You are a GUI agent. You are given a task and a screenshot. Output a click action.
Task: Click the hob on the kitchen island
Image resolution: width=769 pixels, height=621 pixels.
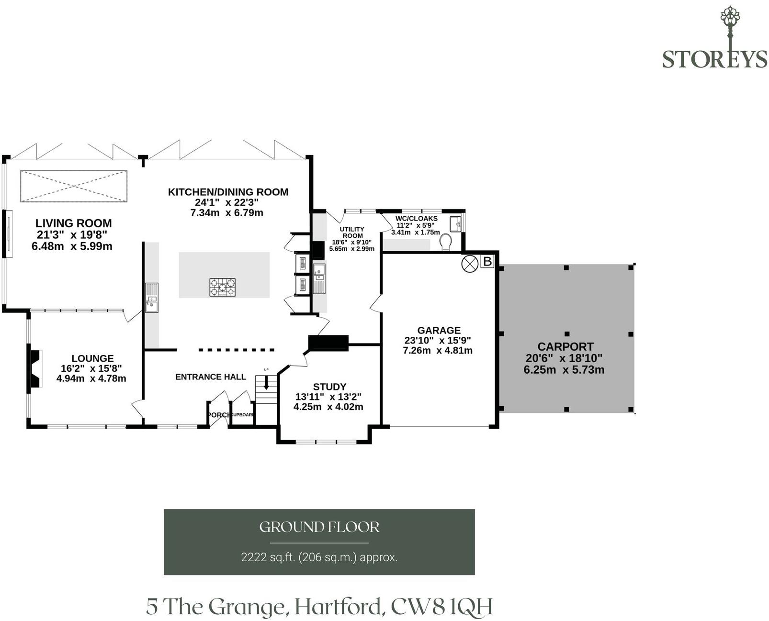pyautogui.click(x=222, y=287)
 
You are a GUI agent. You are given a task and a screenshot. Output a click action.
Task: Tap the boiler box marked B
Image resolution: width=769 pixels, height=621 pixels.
pyautogui.click(x=486, y=261)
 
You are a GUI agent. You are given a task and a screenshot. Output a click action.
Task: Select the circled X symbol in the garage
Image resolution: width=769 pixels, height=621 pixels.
pyautogui.click(x=470, y=264)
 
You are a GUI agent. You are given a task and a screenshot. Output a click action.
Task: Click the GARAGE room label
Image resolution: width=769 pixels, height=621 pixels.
pyautogui.click(x=439, y=330)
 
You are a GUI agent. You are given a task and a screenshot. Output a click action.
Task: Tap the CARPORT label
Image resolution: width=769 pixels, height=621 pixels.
pyautogui.click(x=565, y=346)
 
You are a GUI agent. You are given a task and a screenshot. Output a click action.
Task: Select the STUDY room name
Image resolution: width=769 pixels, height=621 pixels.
pyautogui.click(x=329, y=387)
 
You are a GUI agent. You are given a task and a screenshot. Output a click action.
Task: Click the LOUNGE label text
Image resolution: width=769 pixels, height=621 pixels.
pyautogui.click(x=92, y=358)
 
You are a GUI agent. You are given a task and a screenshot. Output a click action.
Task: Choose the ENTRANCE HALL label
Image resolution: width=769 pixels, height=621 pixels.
pyautogui.click(x=211, y=377)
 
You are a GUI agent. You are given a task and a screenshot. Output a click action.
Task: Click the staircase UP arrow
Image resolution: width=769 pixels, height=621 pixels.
pyautogui.click(x=266, y=383)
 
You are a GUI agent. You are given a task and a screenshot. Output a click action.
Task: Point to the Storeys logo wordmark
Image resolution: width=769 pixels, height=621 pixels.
pyautogui.click(x=714, y=59)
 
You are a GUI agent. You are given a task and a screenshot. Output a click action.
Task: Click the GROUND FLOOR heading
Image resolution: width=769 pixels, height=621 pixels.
pyautogui.click(x=319, y=527)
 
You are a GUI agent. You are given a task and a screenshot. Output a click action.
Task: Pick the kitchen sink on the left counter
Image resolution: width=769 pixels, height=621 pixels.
pyautogui.click(x=152, y=297)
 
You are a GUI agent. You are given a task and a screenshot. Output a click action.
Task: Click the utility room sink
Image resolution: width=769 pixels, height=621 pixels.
pyautogui.click(x=319, y=277)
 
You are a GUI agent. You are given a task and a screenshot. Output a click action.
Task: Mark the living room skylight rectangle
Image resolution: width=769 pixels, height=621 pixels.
pyautogui.click(x=74, y=186)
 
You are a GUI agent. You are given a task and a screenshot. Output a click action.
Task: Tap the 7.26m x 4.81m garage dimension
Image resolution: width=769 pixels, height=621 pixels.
pyautogui.click(x=438, y=350)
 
